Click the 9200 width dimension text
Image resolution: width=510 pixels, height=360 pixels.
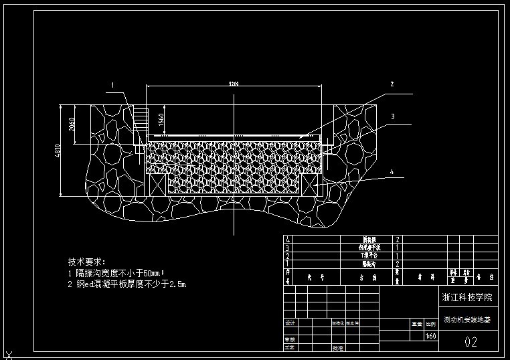click(x=234, y=84)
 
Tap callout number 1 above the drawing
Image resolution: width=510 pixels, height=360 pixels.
click(x=113, y=85)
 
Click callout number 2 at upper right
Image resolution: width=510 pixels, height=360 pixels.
click(x=392, y=84)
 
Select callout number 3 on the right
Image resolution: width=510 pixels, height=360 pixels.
click(x=393, y=116)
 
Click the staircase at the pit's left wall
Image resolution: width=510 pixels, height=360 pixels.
click(x=139, y=120)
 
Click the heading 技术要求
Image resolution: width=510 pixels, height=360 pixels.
click(x=87, y=262)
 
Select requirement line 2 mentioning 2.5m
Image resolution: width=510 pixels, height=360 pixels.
click(x=127, y=284)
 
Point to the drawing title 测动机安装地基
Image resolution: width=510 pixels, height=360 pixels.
click(x=467, y=321)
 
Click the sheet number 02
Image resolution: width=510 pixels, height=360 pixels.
click(x=471, y=343)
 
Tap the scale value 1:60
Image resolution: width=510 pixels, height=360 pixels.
click(x=431, y=337)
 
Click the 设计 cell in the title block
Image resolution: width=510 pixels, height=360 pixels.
click(x=290, y=323)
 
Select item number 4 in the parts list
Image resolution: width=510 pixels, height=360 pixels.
click(x=288, y=239)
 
